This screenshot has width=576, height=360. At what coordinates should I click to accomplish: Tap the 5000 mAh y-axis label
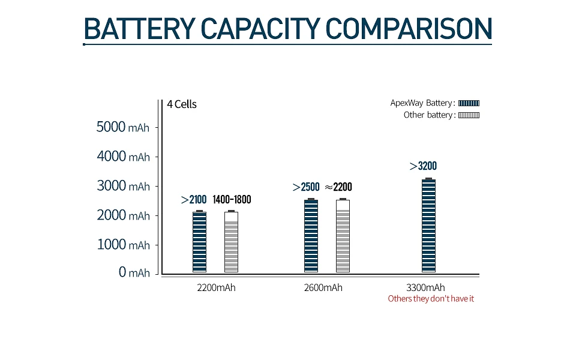point(123,127)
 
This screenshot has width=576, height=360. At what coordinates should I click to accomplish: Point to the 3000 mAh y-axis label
point(123,186)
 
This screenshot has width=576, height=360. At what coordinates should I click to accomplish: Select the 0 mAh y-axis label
point(134,273)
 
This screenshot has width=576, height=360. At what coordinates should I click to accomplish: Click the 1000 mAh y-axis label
point(123,245)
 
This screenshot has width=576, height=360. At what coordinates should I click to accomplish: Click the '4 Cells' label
point(182,104)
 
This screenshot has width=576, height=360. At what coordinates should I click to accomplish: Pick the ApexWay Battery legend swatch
point(469,103)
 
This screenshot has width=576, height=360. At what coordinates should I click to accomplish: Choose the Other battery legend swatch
point(469,115)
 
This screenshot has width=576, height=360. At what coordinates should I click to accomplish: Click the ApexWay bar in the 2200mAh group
point(199,242)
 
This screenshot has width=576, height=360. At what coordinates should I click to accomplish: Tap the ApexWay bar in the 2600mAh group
point(311,236)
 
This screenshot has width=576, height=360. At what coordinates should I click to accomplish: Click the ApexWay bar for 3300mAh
point(428,226)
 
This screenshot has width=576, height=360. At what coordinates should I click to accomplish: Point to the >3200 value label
point(423,166)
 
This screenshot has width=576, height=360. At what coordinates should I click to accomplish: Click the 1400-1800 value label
point(232,200)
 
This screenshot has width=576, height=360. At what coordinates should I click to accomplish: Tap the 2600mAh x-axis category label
point(323,287)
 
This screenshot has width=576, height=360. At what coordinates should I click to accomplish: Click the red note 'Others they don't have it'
point(431,299)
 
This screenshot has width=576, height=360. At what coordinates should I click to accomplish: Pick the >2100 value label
point(194,200)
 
